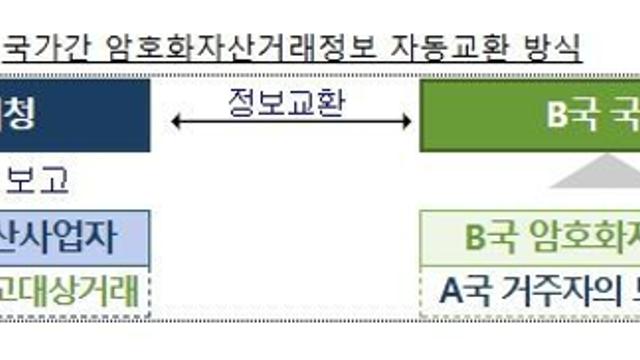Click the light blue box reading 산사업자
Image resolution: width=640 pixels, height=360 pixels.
74,238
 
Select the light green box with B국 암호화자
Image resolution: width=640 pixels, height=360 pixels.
529,238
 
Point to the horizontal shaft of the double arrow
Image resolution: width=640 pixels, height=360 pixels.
291,122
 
